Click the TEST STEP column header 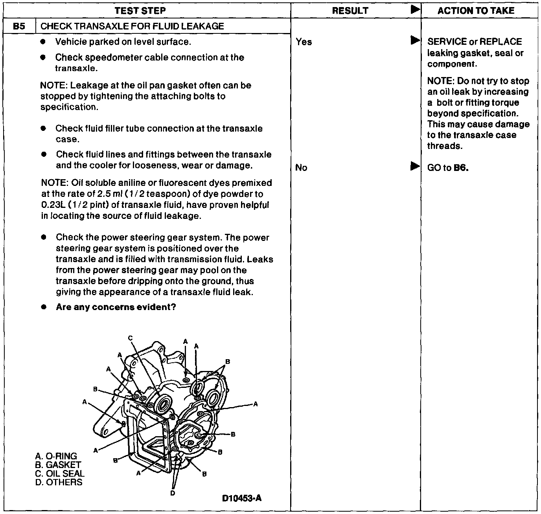(140, 11)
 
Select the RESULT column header (350, 11)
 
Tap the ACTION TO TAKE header (476, 11)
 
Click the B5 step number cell (18, 26)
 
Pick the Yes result (304, 42)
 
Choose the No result (301, 168)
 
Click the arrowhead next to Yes (415, 40)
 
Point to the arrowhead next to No (415, 166)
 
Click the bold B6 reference (461, 168)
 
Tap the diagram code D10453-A (242, 498)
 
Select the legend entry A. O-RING (56, 456)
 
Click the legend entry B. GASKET (58, 465)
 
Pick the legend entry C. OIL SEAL (60, 474)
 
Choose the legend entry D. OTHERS (59, 482)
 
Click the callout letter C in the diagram (131, 338)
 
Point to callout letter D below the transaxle (173, 494)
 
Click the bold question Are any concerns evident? (116, 307)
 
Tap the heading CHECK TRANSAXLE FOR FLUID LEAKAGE (132, 26)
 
